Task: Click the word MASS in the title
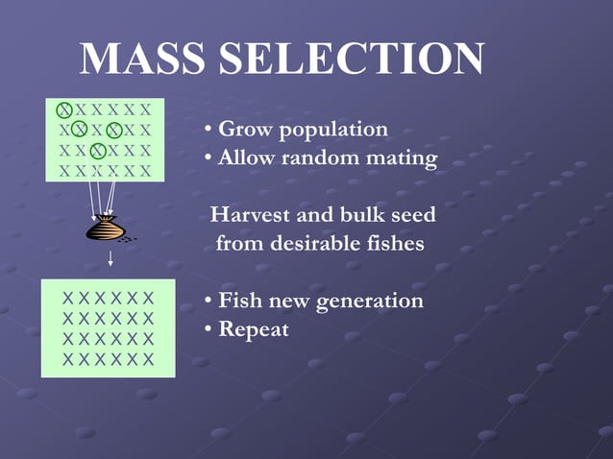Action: tap(141, 60)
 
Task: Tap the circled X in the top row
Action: tap(63, 109)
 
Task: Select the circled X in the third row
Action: tap(96, 151)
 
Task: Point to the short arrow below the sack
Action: tap(110, 256)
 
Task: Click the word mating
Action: tap(398, 157)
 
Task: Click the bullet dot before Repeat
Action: tap(208, 330)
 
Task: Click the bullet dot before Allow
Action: tap(208, 157)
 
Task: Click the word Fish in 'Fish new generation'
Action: tap(239, 301)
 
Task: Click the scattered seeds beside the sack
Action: tap(128, 237)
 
